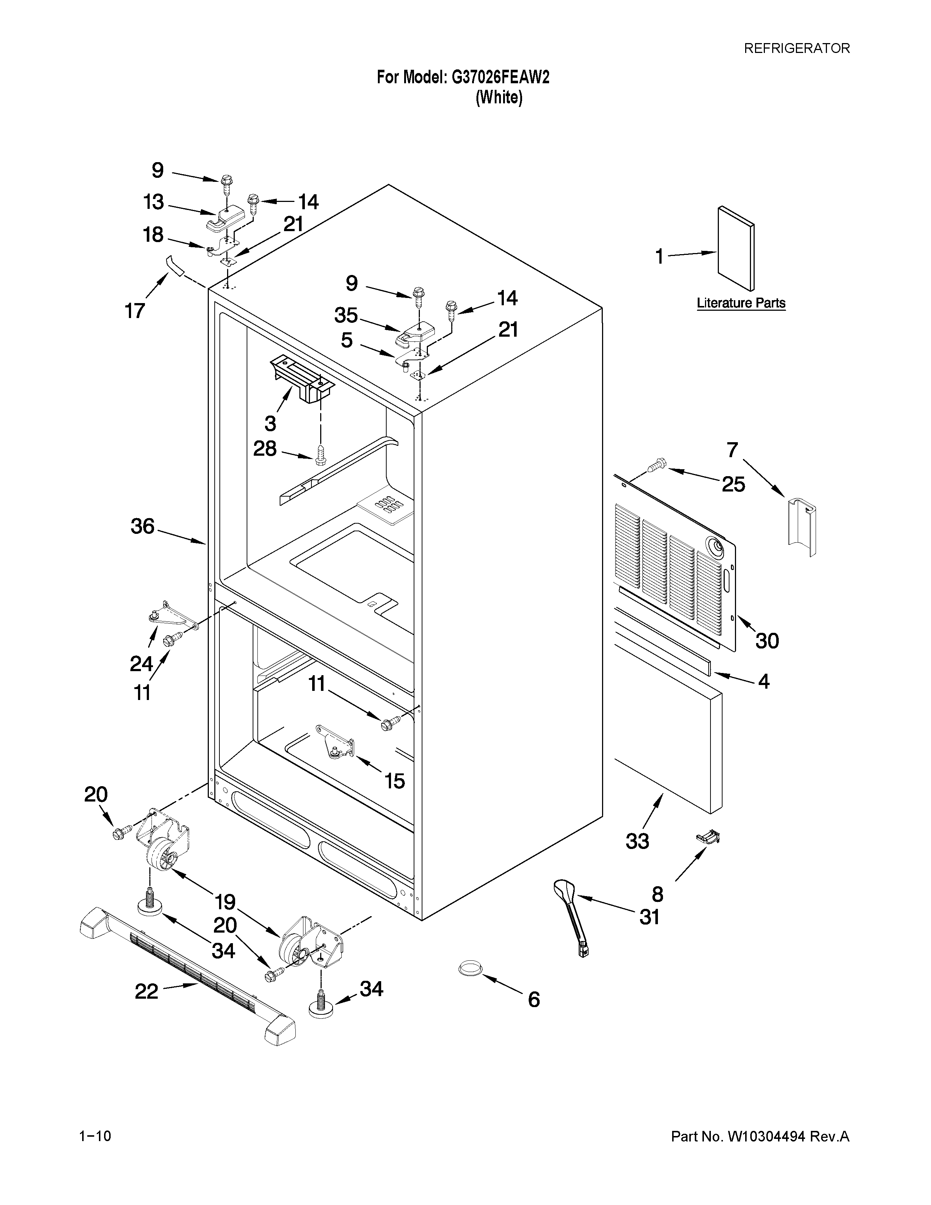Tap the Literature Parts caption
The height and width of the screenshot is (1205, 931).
pos(741,303)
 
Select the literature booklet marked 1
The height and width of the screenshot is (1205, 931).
pos(736,248)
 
